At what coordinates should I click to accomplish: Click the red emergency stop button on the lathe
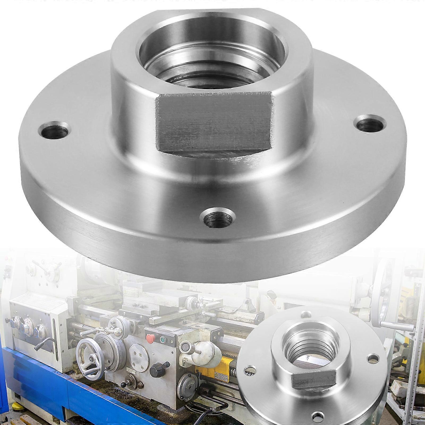coord(149,338)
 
